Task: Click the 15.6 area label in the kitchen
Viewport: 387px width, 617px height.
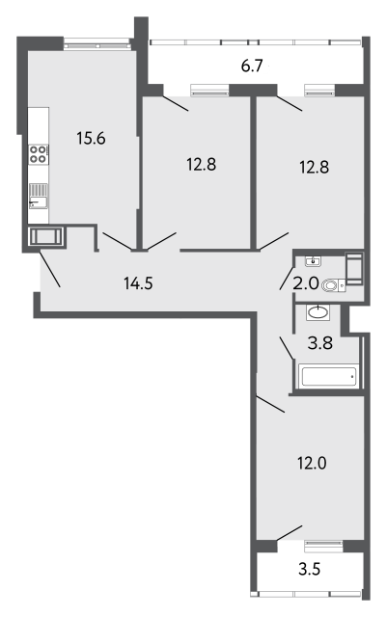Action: coord(91,139)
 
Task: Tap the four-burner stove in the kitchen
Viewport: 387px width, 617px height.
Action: coord(39,154)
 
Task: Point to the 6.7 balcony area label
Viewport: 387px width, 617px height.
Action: coord(252,66)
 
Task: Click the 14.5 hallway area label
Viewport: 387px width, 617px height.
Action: coord(138,282)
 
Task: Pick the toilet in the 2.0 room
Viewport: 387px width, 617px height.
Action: coord(334,285)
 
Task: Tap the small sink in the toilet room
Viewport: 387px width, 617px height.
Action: coord(313,260)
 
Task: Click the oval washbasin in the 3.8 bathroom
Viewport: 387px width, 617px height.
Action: coord(318,312)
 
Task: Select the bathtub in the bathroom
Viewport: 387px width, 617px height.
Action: coord(328,376)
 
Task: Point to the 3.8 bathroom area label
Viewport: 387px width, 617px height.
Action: coord(320,343)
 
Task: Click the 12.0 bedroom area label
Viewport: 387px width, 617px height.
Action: coord(312,463)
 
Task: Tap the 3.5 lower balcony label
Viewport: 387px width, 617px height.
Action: coord(310,569)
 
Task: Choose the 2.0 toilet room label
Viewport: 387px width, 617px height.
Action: coord(305,283)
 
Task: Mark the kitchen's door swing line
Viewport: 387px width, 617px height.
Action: coord(117,241)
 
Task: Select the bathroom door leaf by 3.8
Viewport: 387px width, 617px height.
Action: coord(287,348)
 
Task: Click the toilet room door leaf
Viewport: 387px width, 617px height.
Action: coord(287,279)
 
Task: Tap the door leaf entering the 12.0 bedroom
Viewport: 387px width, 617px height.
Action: coord(270,404)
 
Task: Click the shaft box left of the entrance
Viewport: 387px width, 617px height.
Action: coord(46,237)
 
